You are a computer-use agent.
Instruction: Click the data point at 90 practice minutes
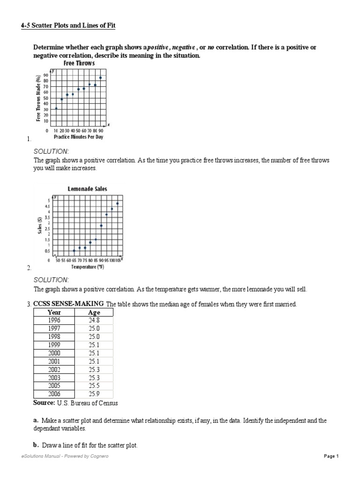[100, 78]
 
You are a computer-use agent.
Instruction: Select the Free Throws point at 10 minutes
[56, 108]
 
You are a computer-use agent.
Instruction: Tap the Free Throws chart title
[78, 63]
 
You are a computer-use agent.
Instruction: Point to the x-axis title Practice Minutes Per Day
[78, 137]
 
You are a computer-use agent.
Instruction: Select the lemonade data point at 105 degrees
[117, 203]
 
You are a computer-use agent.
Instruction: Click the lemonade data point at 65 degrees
[74, 251]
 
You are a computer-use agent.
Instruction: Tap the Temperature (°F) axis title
[87, 267]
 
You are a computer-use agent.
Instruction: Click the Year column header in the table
[54, 313]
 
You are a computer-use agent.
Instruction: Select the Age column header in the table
[94, 313]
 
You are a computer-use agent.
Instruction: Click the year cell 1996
[54, 321]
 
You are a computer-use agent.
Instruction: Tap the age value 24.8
[94, 321]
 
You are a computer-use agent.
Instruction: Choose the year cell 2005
[54, 386]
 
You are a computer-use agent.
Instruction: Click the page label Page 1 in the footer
[331, 456]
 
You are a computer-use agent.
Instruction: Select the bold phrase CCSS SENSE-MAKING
[68, 304]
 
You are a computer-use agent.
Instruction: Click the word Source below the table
[44, 403]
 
